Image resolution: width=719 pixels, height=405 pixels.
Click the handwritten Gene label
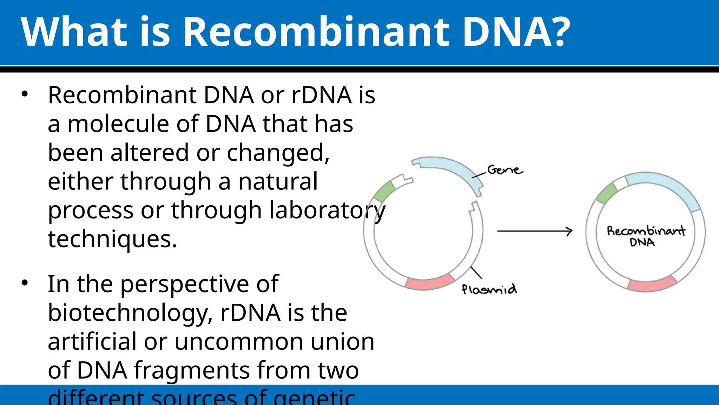pos(504,170)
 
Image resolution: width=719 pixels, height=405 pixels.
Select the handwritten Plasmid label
pos(489,289)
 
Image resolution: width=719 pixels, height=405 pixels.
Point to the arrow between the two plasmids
pos(534,231)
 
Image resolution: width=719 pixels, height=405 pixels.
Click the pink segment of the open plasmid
pos(430,282)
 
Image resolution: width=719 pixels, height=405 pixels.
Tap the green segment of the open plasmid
pos(384,192)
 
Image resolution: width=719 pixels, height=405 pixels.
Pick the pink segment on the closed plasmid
pos(652,284)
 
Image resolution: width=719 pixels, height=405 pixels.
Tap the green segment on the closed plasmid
pos(607,194)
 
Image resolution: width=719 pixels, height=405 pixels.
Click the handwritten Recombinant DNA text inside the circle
pos(645,236)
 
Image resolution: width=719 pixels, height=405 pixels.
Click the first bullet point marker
pos(24,94)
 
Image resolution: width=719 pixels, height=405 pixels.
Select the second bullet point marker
pos(24,283)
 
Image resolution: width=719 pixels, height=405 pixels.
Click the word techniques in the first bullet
pos(112,239)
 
